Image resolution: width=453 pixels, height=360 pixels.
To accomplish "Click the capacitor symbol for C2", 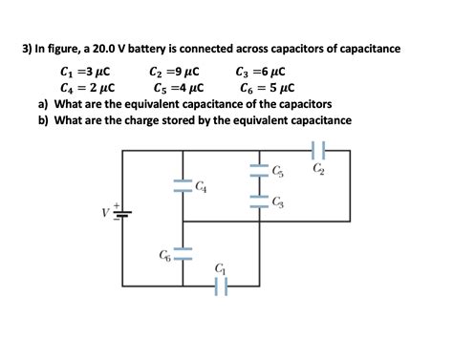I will pyautogui.click(x=319, y=149).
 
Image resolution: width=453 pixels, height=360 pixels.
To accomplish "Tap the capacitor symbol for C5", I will pyautogui.click(x=255, y=173).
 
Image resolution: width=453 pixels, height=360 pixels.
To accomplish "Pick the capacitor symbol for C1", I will pyautogui.click(x=223, y=284).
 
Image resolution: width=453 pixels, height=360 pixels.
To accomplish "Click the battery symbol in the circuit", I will pyautogui.click(x=120, y=213).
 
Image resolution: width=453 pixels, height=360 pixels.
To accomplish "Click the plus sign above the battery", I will pyautogui.click(x=117, y=202).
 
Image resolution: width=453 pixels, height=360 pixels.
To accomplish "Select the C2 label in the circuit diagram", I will pyautogui.click(x=318, y=169).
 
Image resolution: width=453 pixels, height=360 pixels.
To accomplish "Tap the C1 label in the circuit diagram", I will pyautogui.click(x=222, y=268).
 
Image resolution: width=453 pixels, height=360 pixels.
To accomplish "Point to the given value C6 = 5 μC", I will pyautogui.click(x=264, y=88).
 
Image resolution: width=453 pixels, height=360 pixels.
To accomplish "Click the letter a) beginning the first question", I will pyautogui.click(x=43, y=104).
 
